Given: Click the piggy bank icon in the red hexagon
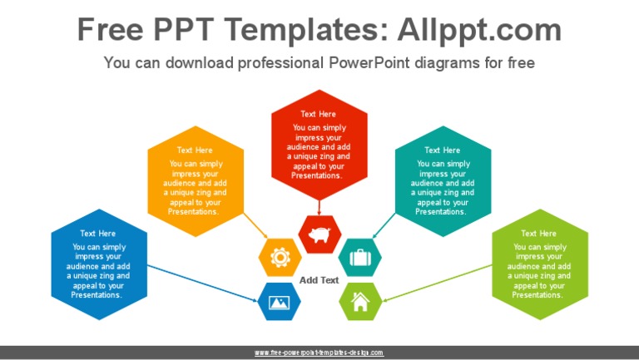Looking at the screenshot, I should point(319,234).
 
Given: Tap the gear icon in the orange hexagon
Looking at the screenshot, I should point(280,258).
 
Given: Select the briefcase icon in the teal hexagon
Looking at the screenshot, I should point(359,258).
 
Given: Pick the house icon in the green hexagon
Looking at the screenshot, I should point(360,301).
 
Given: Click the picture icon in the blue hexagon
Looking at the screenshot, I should point(279,301).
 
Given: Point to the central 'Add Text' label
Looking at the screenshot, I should point(319,280).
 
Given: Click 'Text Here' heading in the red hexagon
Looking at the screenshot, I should point(319,114).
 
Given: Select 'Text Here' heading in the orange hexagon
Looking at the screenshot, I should point(195,150).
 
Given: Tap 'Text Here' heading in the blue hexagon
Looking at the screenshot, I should point(98,234).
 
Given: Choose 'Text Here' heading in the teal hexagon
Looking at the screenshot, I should point(442,150).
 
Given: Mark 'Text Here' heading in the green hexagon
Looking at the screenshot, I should point(538,234).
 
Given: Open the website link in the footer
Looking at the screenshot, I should point(319,353).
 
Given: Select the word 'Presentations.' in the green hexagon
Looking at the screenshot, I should point(538,295).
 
